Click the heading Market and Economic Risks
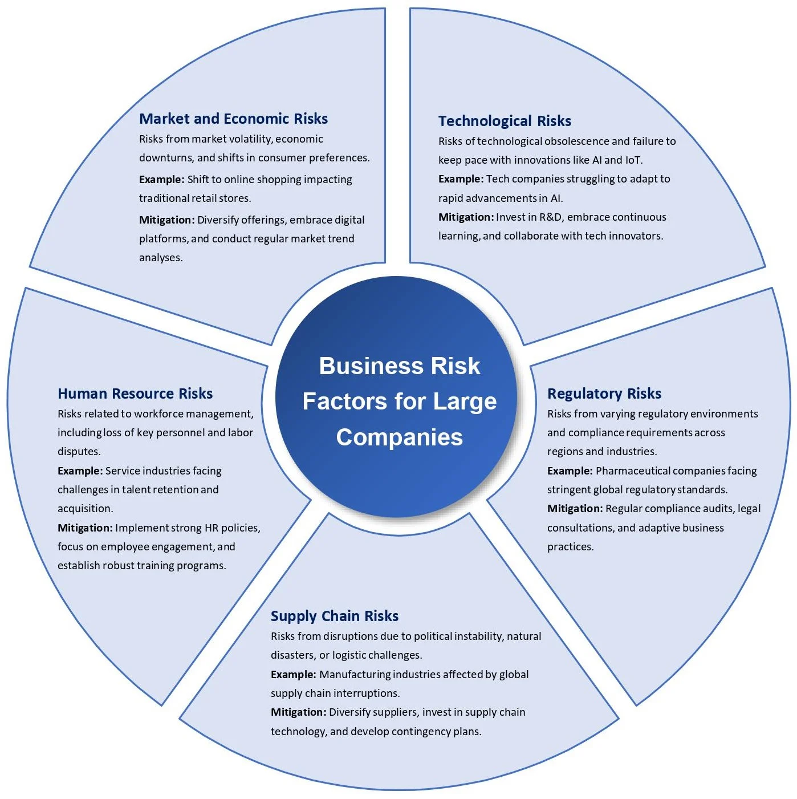[x=233, y=119]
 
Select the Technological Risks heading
[x=505, y=121]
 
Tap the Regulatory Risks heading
[x=604, y=394]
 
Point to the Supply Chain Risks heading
[x=334, y=616]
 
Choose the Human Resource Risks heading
[x=135, y=394]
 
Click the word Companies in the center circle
[x=399, y=437]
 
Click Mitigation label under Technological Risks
[x=465, y=217]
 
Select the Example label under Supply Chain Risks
[x=293, y=675]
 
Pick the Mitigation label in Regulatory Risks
[x=574, y=509]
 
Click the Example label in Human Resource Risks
[x=80, y=471]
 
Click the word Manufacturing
[x=355, y=675]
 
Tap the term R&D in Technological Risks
[x=551, y=217]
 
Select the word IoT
[x=633, y=160]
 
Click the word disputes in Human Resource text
[x=79, y=452]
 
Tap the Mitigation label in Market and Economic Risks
[x=166, y=220]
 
